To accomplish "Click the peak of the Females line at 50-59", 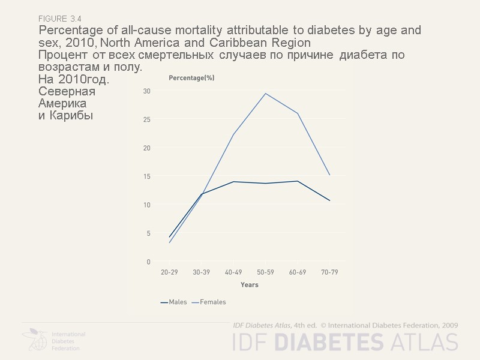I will [265, 93].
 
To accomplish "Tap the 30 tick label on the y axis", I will [146, 91].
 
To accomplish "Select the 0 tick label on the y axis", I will [148, 262].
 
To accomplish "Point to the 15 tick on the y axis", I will [146, 176].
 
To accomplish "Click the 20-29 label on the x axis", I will [169, 272].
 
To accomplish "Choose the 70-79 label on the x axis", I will [329, 272].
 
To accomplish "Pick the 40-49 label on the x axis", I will [233, 272].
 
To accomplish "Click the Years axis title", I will [249, 284].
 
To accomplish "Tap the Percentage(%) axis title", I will [191, 77].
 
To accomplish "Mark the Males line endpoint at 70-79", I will [329, 200].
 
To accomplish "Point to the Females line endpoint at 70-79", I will [329, 175].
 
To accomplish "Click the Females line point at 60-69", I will [298, 113].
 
